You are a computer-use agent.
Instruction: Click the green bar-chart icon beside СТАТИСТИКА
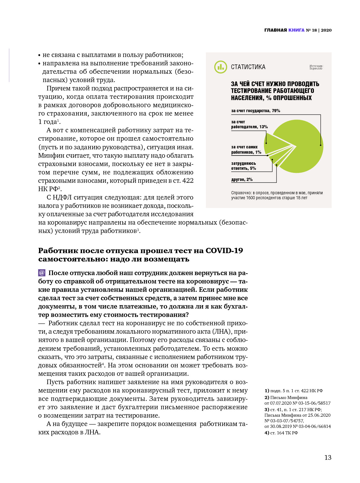tap(220, 67)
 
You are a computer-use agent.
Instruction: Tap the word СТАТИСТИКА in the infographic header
tap(248, 67)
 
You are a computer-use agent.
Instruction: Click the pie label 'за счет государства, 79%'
tap(255, 111)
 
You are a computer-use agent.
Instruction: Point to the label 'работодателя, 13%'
tap(249, 127)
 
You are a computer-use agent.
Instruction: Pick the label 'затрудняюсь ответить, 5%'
tap(244, 166)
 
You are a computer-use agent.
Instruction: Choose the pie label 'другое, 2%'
tap(242, 179)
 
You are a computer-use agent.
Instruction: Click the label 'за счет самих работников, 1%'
tap(246, 150)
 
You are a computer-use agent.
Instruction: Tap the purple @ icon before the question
tap(42, 273)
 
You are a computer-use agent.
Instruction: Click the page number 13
tap(328, 457)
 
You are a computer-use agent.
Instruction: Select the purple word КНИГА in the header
tap(296, 30)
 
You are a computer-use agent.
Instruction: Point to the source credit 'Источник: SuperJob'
tap(316, 67)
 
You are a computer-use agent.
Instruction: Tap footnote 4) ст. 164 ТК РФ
tap(281, 433)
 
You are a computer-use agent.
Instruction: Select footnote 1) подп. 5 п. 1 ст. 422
tap(293, 391)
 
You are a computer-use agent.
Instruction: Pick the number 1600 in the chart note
tap(251, 198)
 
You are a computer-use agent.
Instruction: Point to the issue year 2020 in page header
tap(326, 30)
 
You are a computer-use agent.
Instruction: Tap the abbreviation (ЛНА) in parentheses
tap(221, 332)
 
